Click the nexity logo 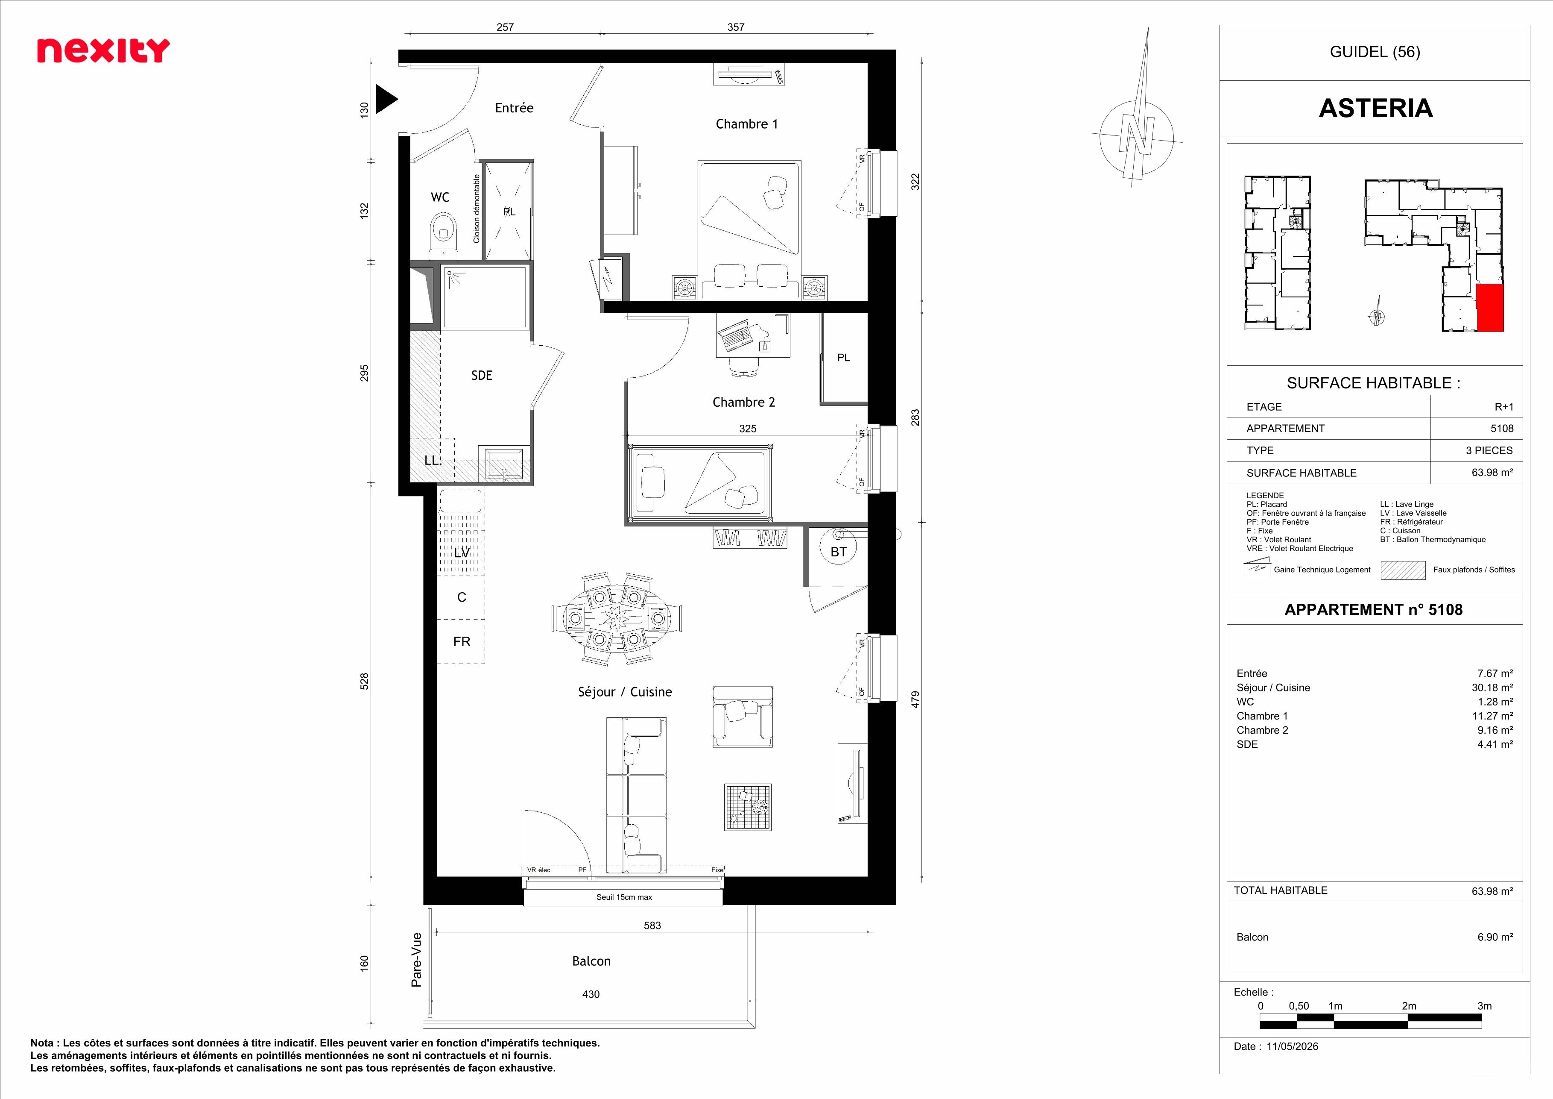point(103,51)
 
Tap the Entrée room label point(514,108)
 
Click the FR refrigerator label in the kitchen point(462,641)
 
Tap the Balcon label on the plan point(591,961)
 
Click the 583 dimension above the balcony point(652,925)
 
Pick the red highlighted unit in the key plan point(1489,308)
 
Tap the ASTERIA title point(1376,108)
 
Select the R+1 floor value point(1503,407)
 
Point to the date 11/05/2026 point(1293,1046)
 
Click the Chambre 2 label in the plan point(743,402)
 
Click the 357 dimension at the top point(736,27)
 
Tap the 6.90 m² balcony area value point(1495,937)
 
